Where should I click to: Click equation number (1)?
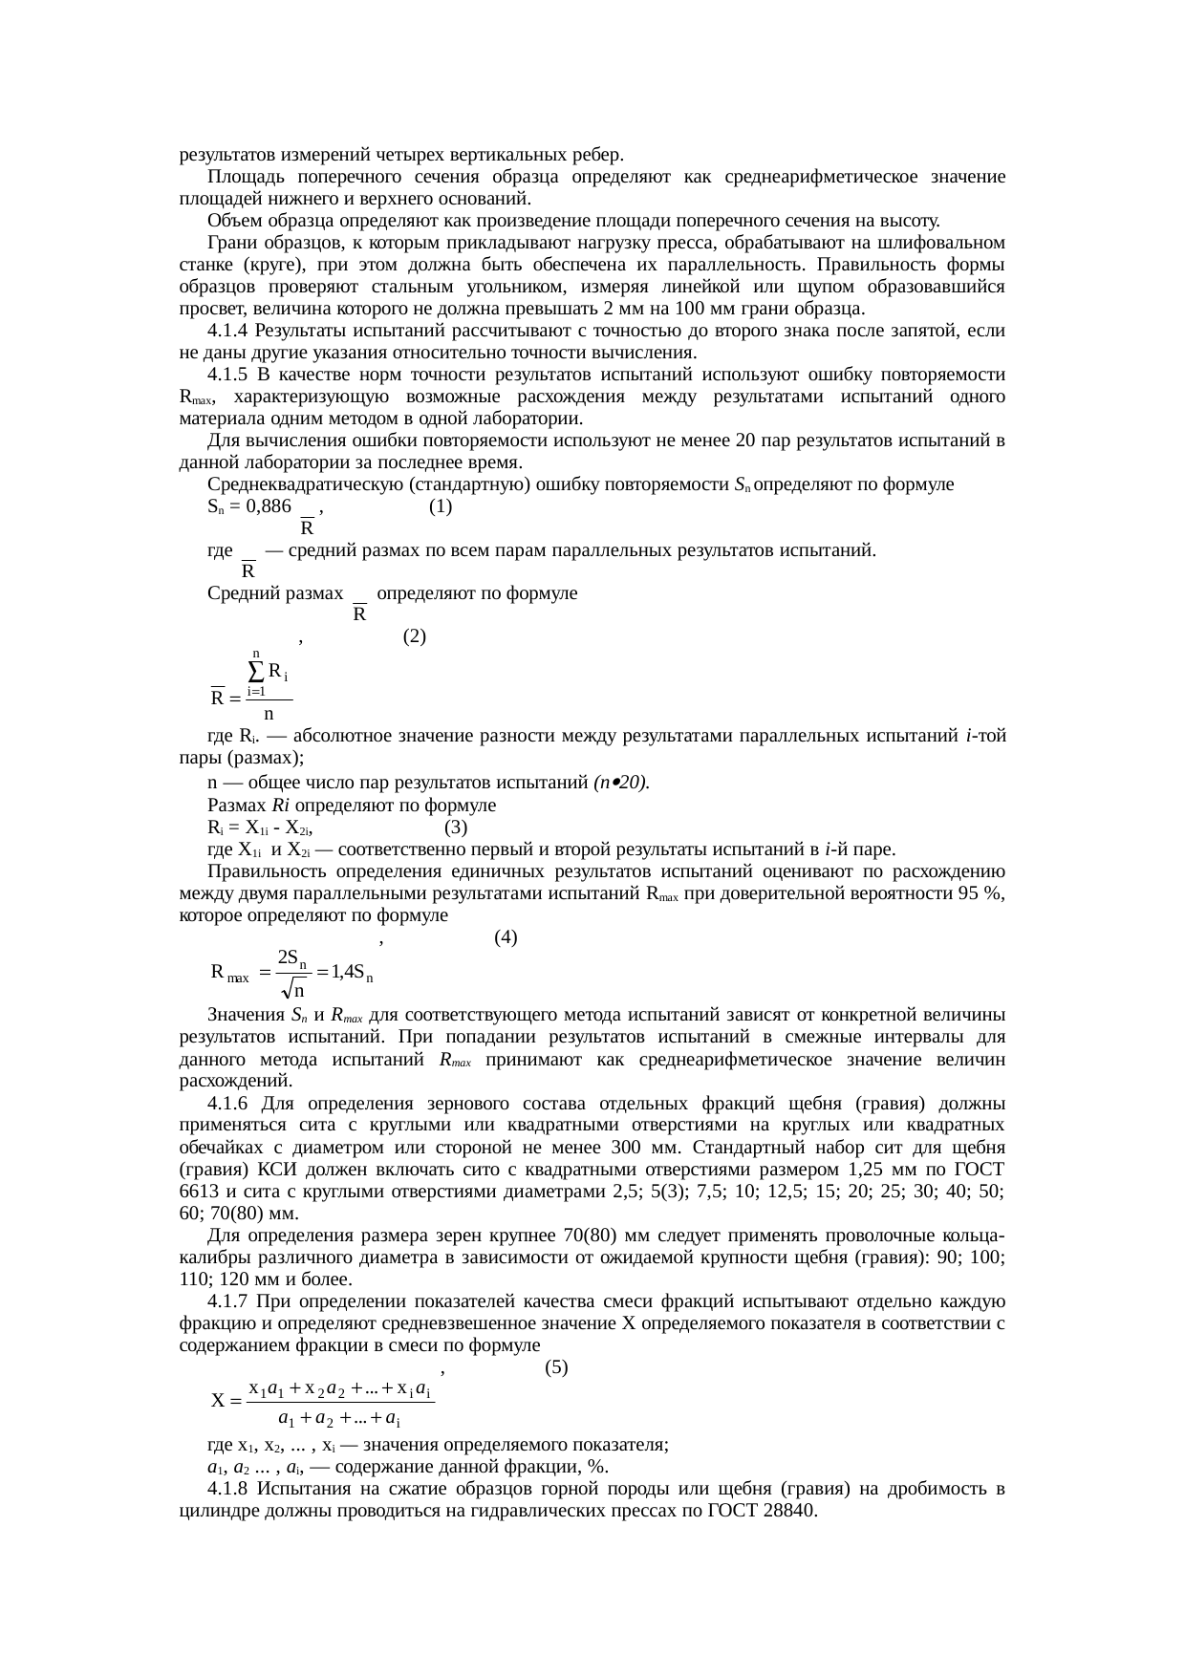(440, 507)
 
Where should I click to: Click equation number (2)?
(414, 636)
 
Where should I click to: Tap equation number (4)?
(506, 937)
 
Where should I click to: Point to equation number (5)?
(555, 1367)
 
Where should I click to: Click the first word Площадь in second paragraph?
(239, 177)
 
